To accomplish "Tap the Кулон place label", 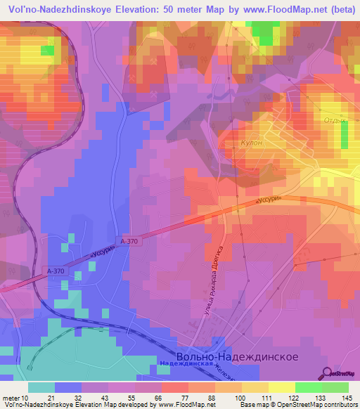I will click(251, 141).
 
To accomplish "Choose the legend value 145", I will click(347, 398).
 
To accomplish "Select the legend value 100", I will click(240, 398).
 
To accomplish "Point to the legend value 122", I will click(294, 398).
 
